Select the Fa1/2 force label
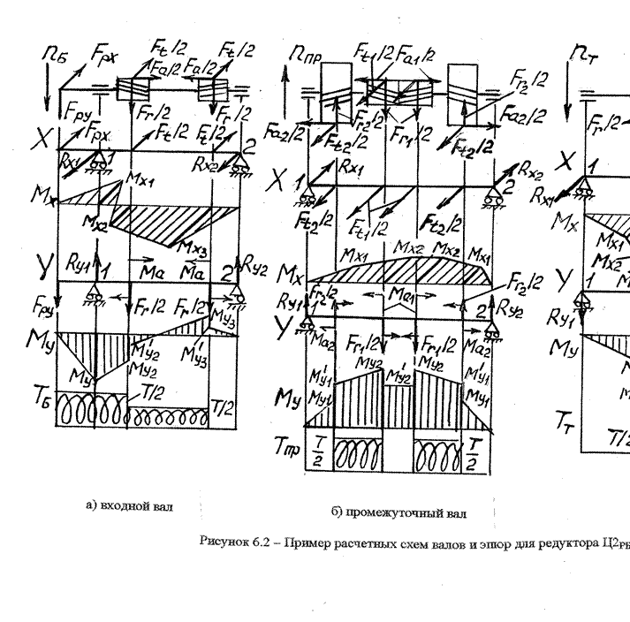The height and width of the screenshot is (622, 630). (419, 56)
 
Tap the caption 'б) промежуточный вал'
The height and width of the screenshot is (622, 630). (399, 512)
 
